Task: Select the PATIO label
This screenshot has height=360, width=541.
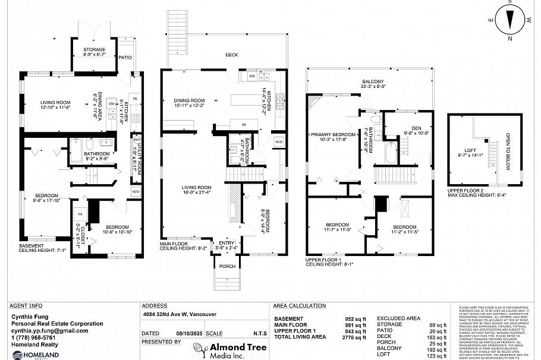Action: (125, 58)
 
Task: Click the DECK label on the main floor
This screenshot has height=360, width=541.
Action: (231, 55)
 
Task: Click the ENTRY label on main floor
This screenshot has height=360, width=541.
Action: (227, 243)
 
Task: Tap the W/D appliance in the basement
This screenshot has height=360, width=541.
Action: (136, 191)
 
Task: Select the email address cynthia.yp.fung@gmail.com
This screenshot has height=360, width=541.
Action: (50, 330)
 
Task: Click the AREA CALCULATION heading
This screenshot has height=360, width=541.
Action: (299, 306)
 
